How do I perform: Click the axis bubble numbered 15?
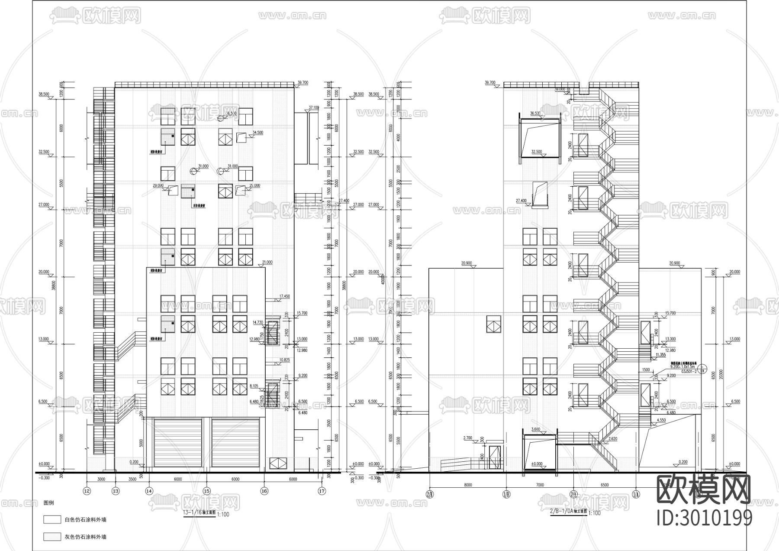[206, 491]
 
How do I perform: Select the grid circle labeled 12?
[87, 491]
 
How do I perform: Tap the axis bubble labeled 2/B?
[430, 494]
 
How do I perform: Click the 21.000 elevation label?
[267, 263]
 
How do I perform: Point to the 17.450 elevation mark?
[284, 296]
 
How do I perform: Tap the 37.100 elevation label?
[314, 107]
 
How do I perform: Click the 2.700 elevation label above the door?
[467, 438]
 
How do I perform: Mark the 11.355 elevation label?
[660, 354]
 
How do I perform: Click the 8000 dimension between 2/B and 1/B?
[467, 485]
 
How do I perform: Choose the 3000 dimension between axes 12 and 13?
[101, 480]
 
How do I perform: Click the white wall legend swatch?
[52, 519]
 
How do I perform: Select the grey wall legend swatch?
[52, 537]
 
